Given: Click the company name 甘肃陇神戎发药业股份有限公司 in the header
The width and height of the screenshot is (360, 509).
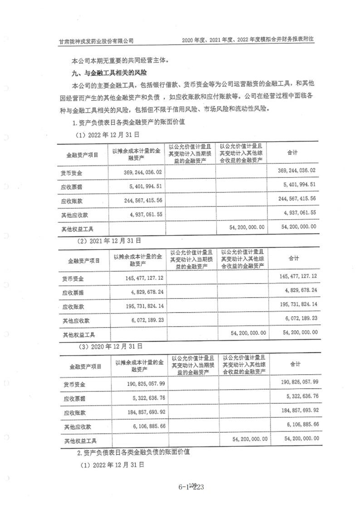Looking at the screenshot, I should pos(97,40).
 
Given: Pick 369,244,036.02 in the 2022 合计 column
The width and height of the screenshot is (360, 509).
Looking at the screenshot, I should pos(296,171).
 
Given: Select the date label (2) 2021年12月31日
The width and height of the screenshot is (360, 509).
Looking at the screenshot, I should pos(111,240).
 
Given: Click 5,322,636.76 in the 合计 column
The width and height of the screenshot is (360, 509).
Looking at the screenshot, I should pos(301,396).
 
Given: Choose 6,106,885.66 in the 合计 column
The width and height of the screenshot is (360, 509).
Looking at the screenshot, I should pos(301,425).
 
